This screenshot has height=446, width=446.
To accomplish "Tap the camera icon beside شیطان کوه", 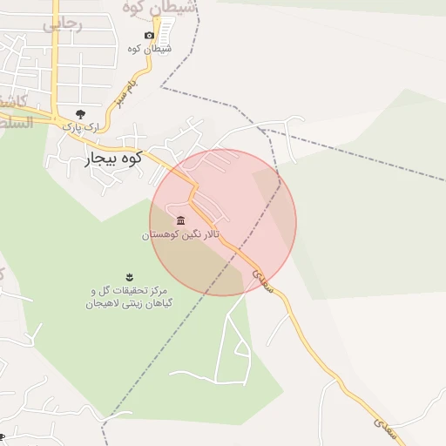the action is pyautogui.click(x=149, y=36).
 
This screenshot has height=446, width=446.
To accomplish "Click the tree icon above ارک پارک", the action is pyautogui.click(x=80, y=113).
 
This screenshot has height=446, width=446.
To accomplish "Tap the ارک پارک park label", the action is pyautogui.click(x=81, y=127).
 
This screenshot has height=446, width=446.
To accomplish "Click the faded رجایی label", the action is pyautogui.click(x=62, y=24).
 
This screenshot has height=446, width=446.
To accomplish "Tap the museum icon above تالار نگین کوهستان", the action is pyautogui.click(x=180, y=220).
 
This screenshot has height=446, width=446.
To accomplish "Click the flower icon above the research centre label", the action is pyautogui.click(x=129, y=275).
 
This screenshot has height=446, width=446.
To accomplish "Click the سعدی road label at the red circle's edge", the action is pyautogui.click(x=263, y=280).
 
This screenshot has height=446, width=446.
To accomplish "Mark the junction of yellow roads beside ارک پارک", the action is pyautogui.click(x=57, y=118).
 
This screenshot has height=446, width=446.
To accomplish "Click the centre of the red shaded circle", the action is pyautogui.click(x=223, y=222).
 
